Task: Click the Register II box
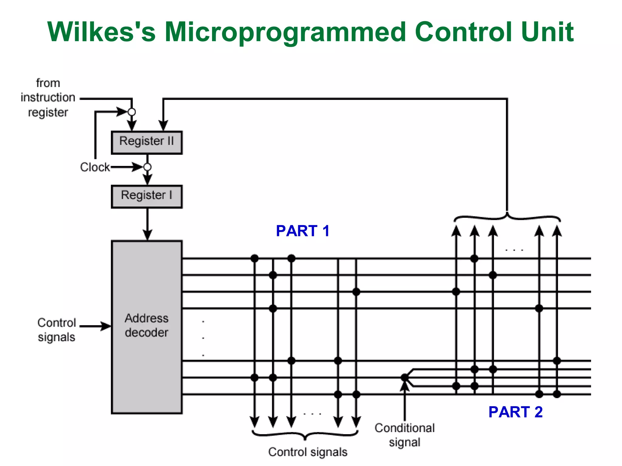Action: tap(147, 142)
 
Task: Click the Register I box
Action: tap(147, 196)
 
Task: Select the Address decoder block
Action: tap(147, 326)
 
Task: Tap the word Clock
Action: tap(95, 167)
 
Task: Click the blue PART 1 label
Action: tap(302, 231)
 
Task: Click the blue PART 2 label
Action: tap(515, 412)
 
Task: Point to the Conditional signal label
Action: tap(405, 435)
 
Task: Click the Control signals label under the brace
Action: tap(308, 452)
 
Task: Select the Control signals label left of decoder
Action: tap(56, 330)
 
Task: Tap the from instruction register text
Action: tap(48, 98)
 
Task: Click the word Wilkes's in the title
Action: tap(101, 32)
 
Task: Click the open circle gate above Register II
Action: tap(132, 112)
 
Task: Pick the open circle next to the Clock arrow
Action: tap(147, 167)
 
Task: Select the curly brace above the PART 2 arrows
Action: tap(507, 217)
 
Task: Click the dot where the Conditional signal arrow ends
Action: tap(405, 378)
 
